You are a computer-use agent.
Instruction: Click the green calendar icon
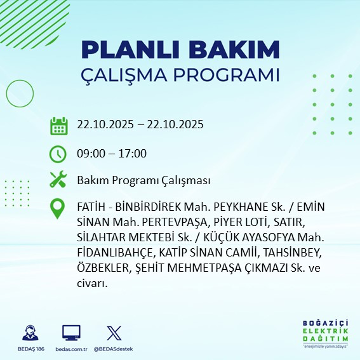click(x=58, y=126)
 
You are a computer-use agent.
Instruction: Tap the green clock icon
click(x=58, y=154)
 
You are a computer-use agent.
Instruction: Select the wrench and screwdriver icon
click(x=58, y=180)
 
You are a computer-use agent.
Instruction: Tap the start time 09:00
click(x=90, y=153)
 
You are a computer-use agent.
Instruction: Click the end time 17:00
click(x=133, y=153)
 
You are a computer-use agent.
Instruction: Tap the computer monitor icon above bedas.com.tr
click(x=71, y=333)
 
